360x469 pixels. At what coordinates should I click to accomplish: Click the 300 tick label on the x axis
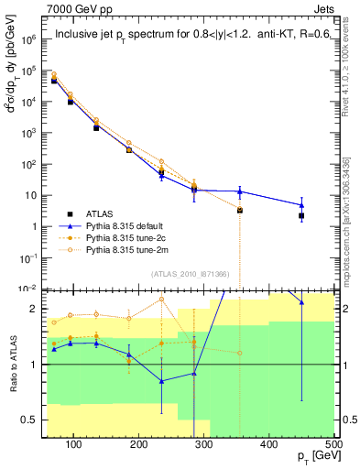coord(204,445)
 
